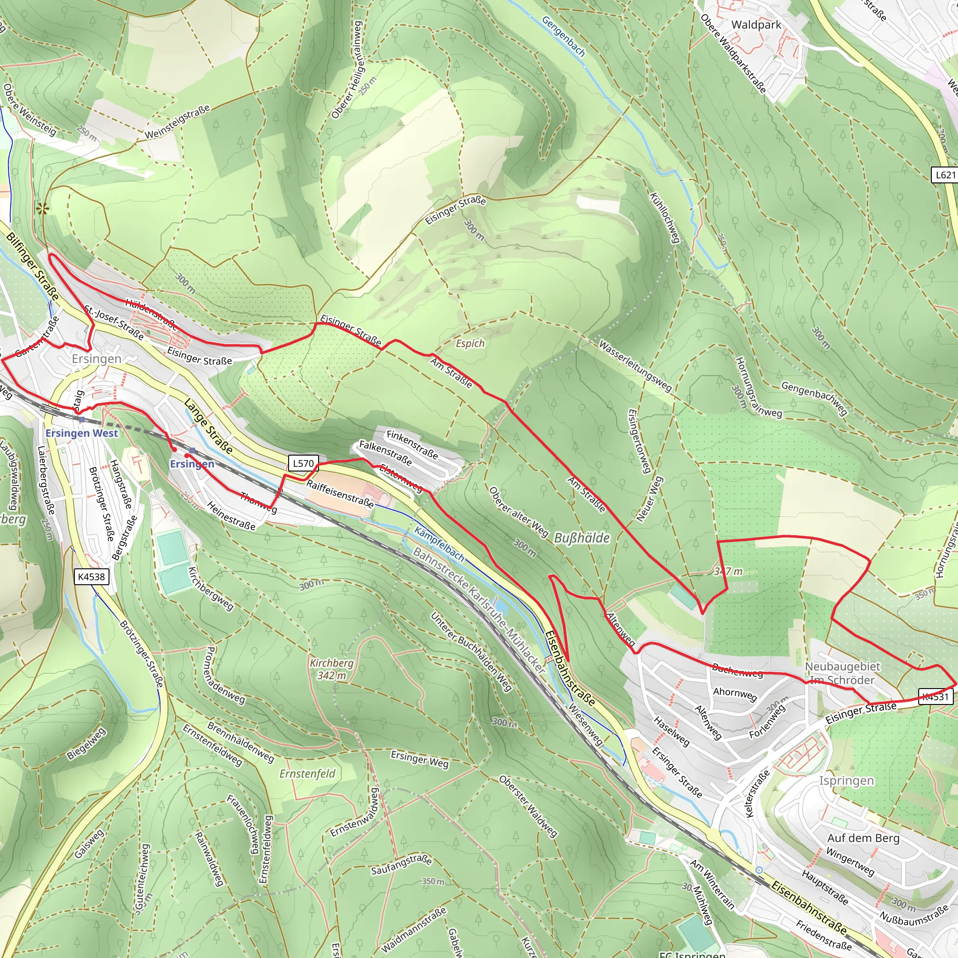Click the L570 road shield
[x=303, y=464]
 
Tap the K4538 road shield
[x=92, y=577]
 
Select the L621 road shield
[x=945, y=174]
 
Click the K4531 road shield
[x=935, y=697]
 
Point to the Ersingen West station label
[x=82, y=433]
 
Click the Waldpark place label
[x=756, y=25]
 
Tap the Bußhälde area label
[x=581, y=538]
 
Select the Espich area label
[x=470, y=343]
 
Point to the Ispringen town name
[x=846, y=781]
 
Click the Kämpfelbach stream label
[x=439, y=544]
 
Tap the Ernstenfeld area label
[x=307, y=774]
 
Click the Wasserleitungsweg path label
[x=635, y=366]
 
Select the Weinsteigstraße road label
[x=177, y=122]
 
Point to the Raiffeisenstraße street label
[x=340, y=494]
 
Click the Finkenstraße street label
[x=413, y=445]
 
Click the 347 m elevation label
[x=728, y=572]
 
